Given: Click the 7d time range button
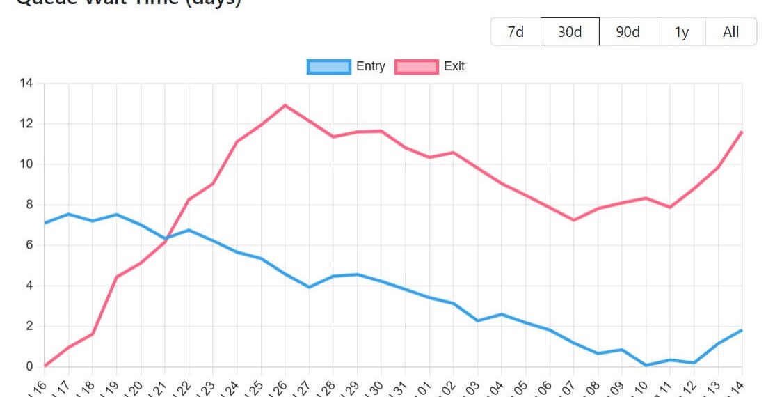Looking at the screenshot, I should click(516, 32).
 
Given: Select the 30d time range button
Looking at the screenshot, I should click(570, 32).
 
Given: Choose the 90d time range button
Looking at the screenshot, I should click(628, 32).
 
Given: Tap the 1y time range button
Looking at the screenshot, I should click(681, 32).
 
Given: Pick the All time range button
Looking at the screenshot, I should click(730, 32).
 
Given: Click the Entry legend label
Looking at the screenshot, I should click(370, 66).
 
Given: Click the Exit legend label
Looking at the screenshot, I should click(454, 66).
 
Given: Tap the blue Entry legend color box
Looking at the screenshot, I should click(328, 66).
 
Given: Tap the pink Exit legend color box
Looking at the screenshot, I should click(416, 66).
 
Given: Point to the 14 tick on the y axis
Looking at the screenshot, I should click(26, 84).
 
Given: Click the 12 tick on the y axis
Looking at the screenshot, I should click(26, 124).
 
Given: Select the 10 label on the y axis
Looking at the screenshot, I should click(26, 164).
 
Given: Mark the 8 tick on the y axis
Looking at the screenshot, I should click(29, 205).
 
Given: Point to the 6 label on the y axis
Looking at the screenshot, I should click(29, 245).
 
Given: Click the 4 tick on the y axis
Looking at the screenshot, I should click(29, 286).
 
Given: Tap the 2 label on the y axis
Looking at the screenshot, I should click(29, 326).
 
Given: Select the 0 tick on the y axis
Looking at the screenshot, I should click(29, 366).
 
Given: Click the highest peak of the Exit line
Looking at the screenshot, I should click(285, 105).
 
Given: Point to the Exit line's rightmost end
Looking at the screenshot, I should click(742, 132).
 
